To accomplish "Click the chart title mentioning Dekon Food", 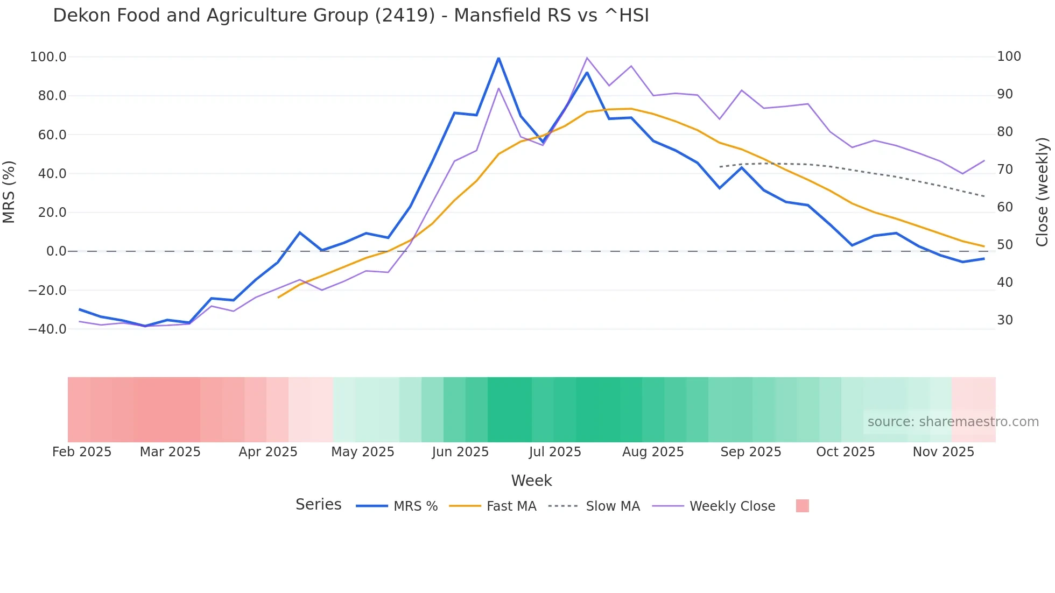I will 351,16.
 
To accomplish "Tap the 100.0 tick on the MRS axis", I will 48,57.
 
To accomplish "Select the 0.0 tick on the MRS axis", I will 56,251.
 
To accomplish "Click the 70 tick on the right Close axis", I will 1005,170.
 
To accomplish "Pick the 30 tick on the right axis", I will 1005,320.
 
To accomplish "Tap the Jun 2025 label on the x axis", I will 460,452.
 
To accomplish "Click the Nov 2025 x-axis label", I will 943,452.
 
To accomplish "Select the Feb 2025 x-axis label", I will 82,452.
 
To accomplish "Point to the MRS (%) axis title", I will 9,192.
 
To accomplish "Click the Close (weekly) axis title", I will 1042,192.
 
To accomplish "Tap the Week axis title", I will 531,481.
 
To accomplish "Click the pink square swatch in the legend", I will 802,506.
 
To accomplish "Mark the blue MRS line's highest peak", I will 498,58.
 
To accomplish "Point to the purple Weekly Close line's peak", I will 587,58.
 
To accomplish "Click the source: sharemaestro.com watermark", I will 953,422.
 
